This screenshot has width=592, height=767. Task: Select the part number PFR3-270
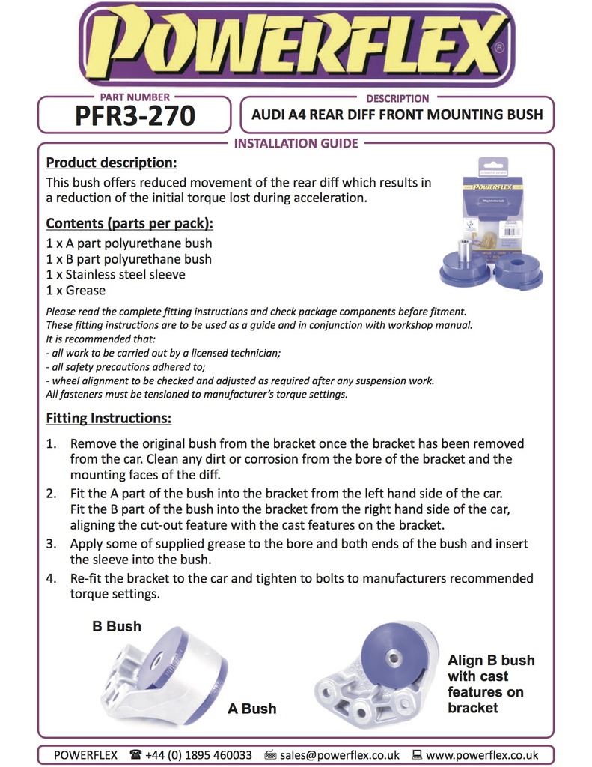point(135,116)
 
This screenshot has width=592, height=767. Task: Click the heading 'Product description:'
point(112,163)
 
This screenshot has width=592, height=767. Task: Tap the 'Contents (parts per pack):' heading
point(129,223)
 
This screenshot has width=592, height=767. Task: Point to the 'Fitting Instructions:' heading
point(109,417)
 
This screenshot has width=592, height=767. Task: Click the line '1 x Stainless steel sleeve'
point(115,275)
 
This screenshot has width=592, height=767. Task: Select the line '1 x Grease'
point(76,291)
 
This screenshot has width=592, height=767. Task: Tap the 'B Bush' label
point(117,626)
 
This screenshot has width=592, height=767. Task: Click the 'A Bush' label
point(251,708)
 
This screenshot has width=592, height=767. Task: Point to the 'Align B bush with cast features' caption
point(491,684)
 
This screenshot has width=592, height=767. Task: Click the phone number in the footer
point(199,754)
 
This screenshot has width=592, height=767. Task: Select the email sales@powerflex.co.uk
point(340,754)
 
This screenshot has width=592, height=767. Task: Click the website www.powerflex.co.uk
point(482,754)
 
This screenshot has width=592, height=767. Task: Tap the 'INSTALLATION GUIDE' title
point(296,143)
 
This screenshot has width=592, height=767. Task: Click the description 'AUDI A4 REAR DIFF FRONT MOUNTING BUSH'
point(397,115)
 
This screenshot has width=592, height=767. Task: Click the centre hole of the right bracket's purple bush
point(392,657)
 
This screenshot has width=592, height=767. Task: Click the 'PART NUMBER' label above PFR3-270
point(135,97)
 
